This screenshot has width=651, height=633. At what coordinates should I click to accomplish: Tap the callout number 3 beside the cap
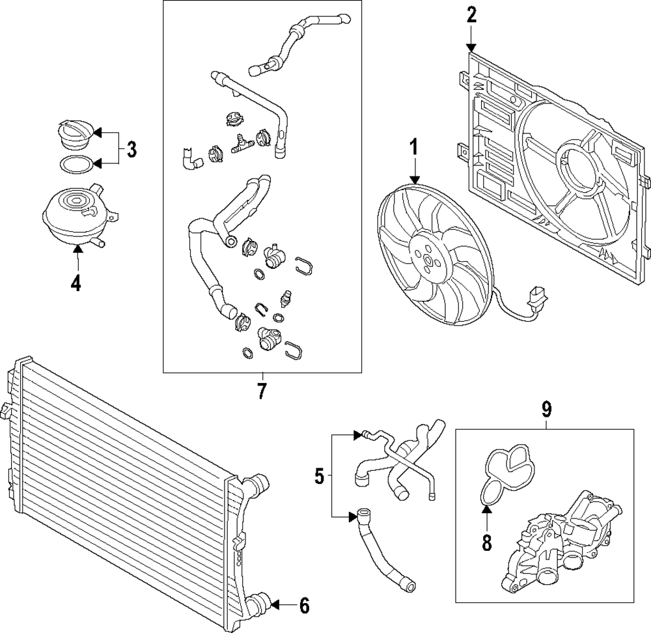132,150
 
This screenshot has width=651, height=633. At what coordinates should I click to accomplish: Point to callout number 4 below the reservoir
77,284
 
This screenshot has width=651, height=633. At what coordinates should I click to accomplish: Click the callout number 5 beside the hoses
319,477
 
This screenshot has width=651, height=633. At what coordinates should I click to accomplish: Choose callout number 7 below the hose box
262,391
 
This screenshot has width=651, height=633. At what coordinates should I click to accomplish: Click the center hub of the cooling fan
427,262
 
